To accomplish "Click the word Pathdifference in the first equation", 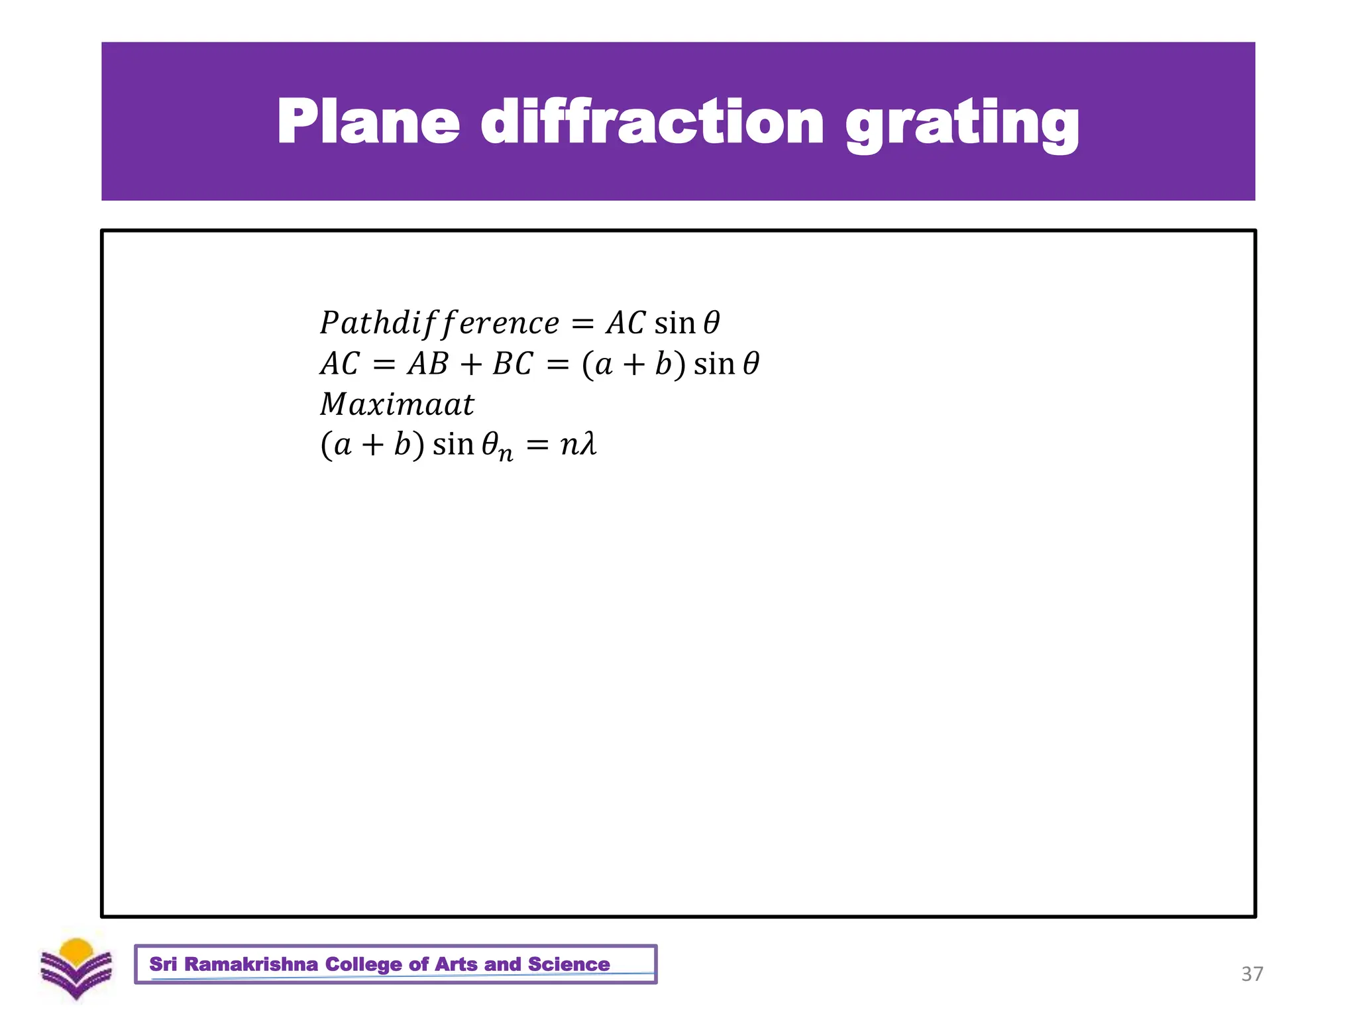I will coord(439,323).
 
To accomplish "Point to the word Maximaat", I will coord(397,404).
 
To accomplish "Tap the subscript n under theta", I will coord(506,455).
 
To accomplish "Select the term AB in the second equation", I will coord(428,364).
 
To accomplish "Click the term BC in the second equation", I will coord(512,364).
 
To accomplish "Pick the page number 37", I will coord(1252,974).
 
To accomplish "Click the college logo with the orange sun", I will coord(76,968).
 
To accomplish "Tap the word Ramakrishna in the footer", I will coord(251,964).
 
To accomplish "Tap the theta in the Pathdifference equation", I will coord(711,323).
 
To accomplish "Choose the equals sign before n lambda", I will coord(537,445).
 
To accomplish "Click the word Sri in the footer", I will coord(163,964).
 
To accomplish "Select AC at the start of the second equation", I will coord(339,364).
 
